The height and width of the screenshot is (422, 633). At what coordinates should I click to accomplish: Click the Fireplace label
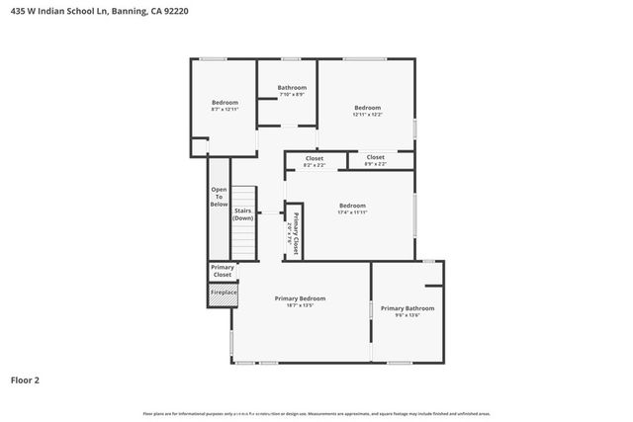point(222,293)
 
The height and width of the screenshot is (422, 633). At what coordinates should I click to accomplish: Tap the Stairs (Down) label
point(242,213)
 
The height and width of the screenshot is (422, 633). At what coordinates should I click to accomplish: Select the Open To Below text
point(219,197)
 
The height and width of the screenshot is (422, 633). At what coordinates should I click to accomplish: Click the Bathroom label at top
point(292,88)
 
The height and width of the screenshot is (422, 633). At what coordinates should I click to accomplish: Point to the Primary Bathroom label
point(407,308)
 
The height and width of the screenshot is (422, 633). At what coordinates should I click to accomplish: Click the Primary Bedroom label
point(300,298)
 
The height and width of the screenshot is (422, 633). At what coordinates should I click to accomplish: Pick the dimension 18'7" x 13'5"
point(300,305)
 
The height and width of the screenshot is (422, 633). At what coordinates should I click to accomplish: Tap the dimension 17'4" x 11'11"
point(352,211)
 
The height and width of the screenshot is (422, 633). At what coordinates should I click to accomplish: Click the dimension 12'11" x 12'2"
point(367,115)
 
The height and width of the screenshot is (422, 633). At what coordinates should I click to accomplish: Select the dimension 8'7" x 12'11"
point(226,109)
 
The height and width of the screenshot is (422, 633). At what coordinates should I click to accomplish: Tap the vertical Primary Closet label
point(294,234)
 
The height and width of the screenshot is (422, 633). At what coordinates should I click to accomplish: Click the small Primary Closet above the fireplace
point(222,270)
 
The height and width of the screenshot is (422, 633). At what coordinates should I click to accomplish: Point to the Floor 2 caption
point(25,380)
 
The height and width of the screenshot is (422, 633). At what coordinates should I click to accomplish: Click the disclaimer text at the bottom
point(316,413)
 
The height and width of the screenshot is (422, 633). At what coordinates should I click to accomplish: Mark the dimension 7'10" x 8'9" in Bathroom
point(292,95)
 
